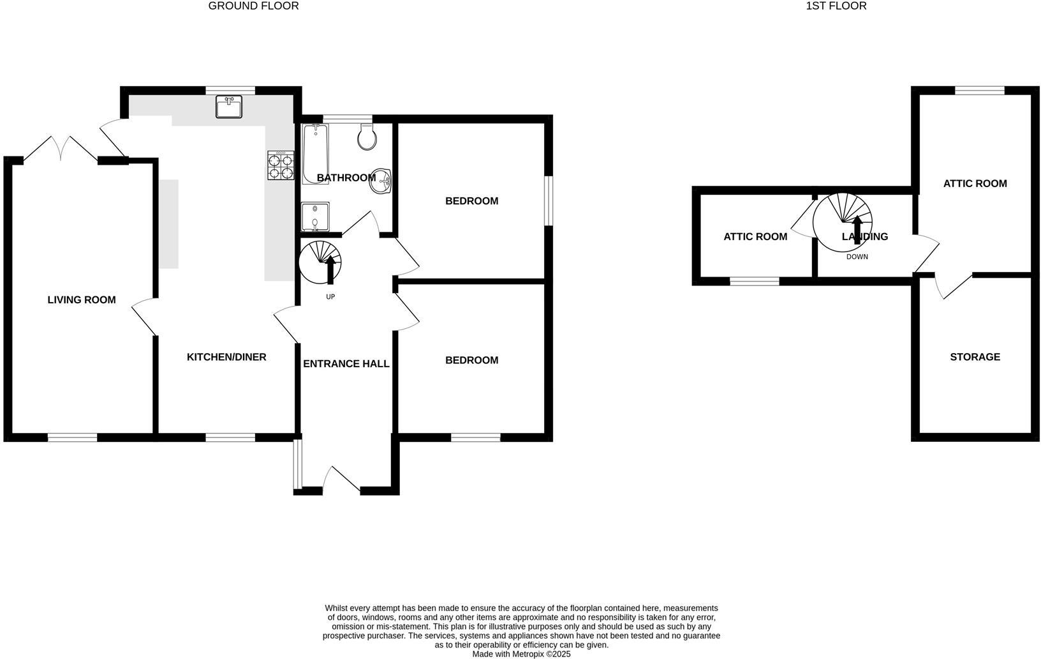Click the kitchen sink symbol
(229, 107)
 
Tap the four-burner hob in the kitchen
(281, 165)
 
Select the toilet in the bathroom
(367, 137)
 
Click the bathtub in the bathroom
(315, 153)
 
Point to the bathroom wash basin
(381, 180)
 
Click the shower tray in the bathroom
(315, 217)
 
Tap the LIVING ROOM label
(82, 299)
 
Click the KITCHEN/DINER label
(226, 357)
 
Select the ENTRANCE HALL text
(346, 364)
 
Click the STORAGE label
(975, 357)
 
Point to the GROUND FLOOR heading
(253, 6)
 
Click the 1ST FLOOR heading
(836, 6)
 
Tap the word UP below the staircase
(330, 297)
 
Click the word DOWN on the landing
(857, 257)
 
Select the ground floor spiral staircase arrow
(330, 269)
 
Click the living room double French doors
(61, 148)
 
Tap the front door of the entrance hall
(343, 480)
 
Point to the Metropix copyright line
(521, 654)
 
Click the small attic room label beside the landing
(755, 237)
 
